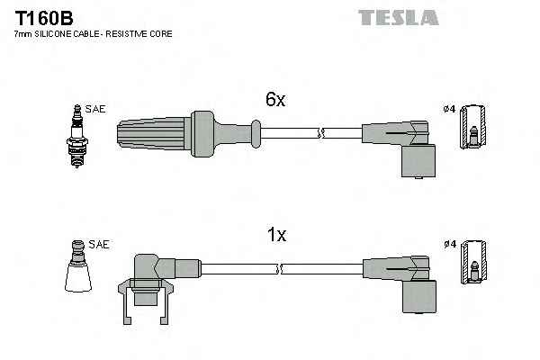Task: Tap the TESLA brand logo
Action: click(x=398, y=17)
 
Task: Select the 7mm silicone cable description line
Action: click(x=94, y=33)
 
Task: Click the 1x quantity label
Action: click(x=275, y=236)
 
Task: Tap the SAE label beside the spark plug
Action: click(x=96, y=109)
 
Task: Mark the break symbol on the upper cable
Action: click(x=319, y=132)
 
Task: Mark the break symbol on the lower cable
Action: click(x=281, y=268)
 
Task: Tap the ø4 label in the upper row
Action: click(x=450, y=110)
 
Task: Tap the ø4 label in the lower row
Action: click(x=450, y=244)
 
